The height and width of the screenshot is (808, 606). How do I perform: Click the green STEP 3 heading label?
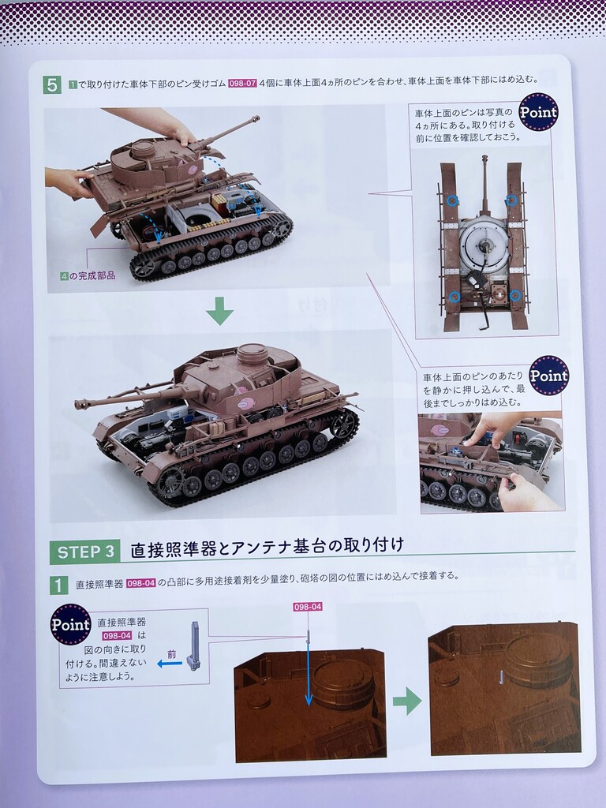point(85,552)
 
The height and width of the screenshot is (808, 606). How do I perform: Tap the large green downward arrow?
point(220,310)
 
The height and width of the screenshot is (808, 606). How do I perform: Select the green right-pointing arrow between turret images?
point(407,701)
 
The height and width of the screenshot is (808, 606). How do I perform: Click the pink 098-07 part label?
point(242,82)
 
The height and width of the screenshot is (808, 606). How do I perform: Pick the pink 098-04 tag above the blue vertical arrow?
point(308,607)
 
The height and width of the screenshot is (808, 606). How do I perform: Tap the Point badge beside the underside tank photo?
point(538,112)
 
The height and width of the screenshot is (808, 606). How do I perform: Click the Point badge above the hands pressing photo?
point(549,375)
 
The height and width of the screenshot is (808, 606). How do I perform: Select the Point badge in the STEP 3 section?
point(70,624)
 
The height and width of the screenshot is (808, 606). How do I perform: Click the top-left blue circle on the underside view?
point(452,200)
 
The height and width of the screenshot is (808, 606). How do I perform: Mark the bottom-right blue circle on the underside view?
point(514,296)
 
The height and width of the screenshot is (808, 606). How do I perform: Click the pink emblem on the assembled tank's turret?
point(243,403)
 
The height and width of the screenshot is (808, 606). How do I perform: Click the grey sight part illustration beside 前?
point(193,646)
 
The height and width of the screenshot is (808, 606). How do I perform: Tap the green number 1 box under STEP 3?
point(58,585)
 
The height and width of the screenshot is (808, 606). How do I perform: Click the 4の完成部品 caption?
point(88,276)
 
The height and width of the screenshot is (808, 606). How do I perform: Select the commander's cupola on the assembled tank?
point(252,354)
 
